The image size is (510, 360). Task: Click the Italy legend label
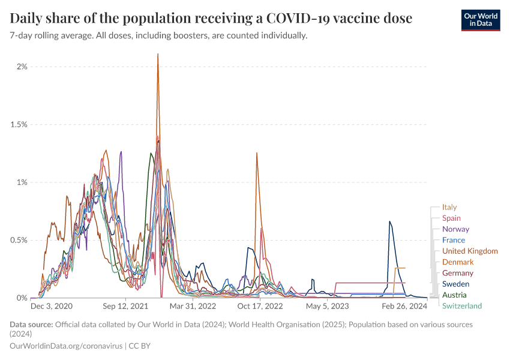pyautogui.click(x=449, y=207)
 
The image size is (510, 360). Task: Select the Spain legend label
pyautogui.click(x=451, y=218)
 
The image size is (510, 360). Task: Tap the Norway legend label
pyautogui.click(x=455, y=229)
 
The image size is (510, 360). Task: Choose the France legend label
pyautogui.click(x=453, y=240)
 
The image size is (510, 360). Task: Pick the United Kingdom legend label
pyautogui.click(x=470, y=251)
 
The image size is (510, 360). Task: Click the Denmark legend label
pyautogui.click(x=458, y=262)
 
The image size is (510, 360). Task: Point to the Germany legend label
pyautogui.click(x=458, y=273)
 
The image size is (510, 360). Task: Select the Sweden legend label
pyautogui.click(x=455, y=284)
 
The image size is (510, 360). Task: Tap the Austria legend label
pyautogui.click(x=454, y=295)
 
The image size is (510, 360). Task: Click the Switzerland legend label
pyautogui.click(x=462, y=306)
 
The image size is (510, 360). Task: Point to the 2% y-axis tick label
pyautogui.click(x=22, y=67)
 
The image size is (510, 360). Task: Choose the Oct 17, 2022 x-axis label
pyautogui.click(x=260, y=306)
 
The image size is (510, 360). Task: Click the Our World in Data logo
pyautogui.click(x=480, y=20)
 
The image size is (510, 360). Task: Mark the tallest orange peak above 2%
pyautogui.click(x=158, y=55)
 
